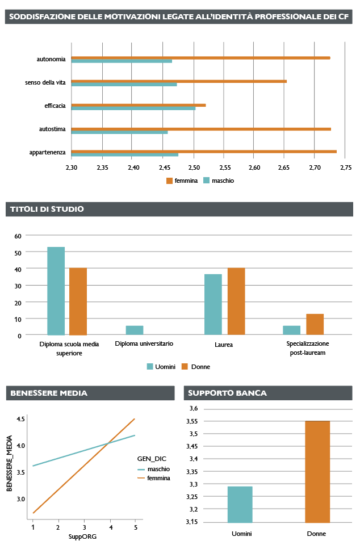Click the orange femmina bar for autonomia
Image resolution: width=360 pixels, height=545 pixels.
tap(200, 57)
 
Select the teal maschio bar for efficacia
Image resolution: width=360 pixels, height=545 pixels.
tap(133, 108)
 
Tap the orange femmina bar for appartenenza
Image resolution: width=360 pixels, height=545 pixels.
tap(204, 151)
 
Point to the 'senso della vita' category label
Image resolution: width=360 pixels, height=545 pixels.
tap(45, 83)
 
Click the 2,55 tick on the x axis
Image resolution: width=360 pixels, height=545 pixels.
tap(225, 167)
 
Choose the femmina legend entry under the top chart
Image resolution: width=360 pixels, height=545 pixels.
tap(182, 181)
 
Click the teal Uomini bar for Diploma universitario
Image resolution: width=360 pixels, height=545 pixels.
tap(134, 330)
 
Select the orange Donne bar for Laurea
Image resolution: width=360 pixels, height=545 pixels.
tap(236, 301)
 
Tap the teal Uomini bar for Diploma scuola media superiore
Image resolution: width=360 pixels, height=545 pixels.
tap(56, 291)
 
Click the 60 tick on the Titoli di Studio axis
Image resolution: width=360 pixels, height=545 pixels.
tap(18, 236)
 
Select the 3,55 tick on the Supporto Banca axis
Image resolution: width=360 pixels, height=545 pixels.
tap(192, 421)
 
